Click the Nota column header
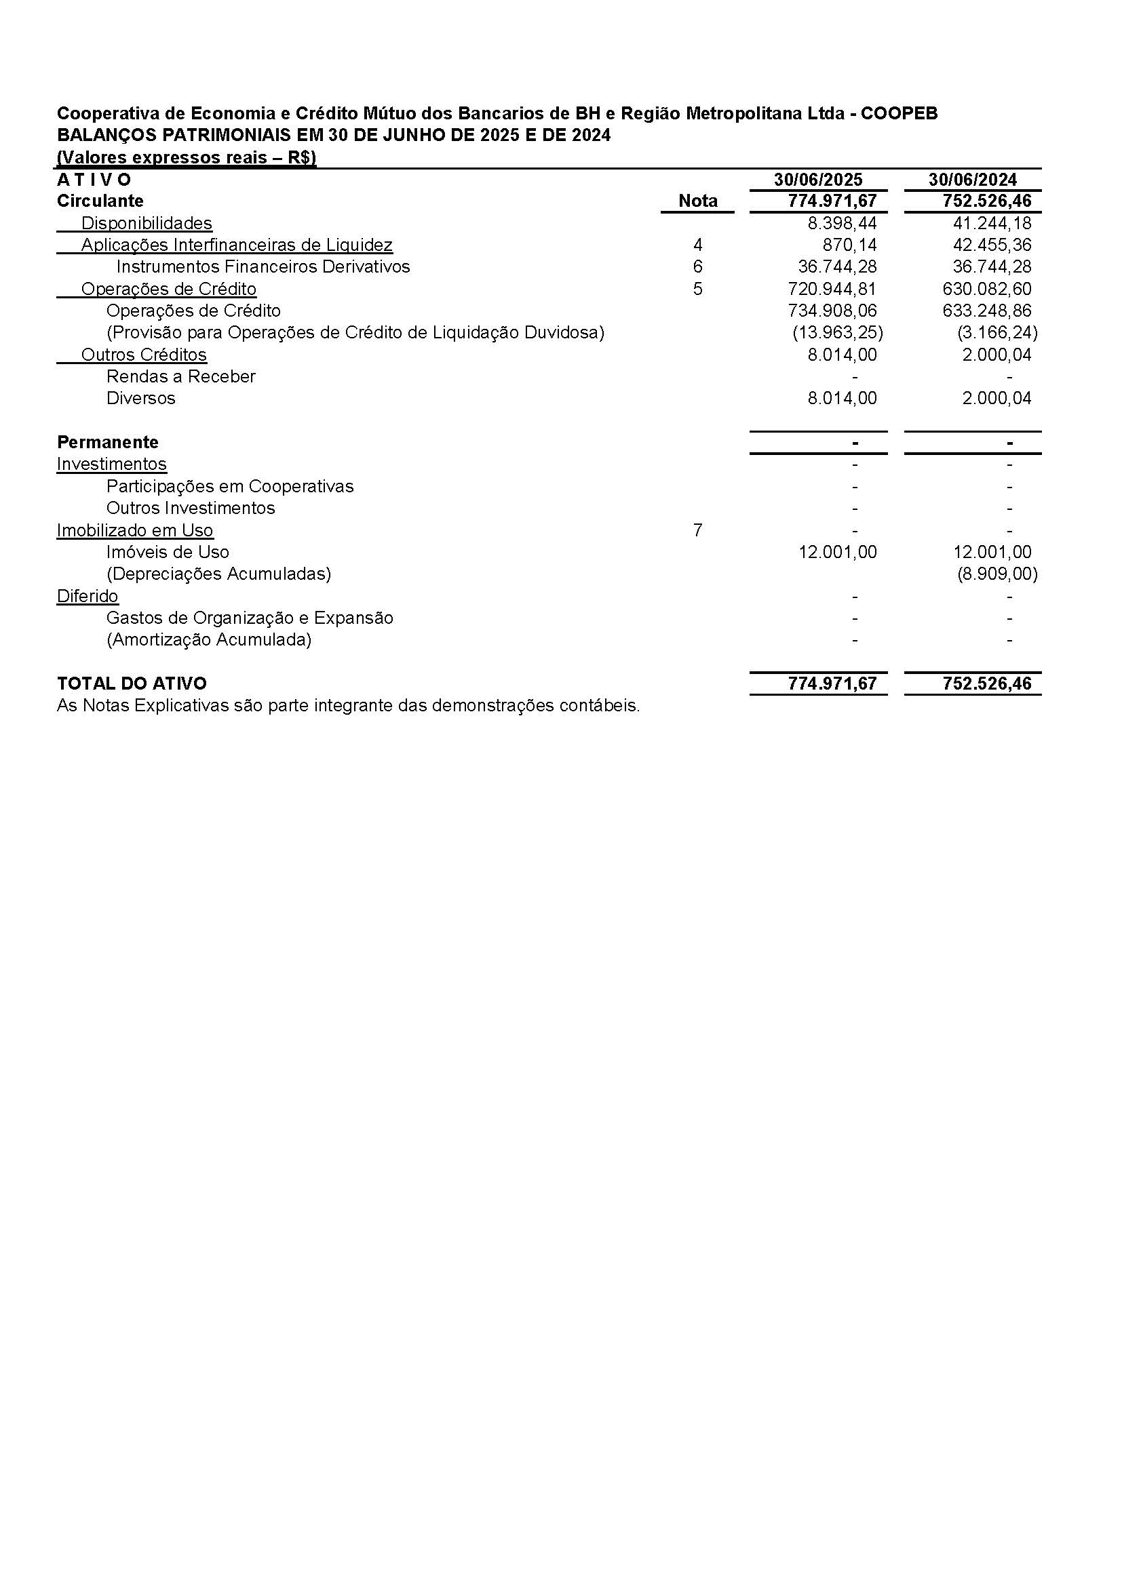tap(697, 201)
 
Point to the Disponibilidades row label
tap(147, 223)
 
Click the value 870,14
tap(850, 245)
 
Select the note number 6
tap(697, 266)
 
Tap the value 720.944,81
tap(832, 289)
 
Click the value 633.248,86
tap(986, 311)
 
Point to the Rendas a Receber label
tap(181, 376)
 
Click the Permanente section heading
tap(108, 442)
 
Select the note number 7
tap(697, 530)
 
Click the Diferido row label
tap(87, 596)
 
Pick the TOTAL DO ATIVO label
tap(132, 684)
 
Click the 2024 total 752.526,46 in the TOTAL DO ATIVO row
tap(986, 684)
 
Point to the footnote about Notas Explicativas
tap(348, 706)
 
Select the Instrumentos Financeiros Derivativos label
tap(263, 266)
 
